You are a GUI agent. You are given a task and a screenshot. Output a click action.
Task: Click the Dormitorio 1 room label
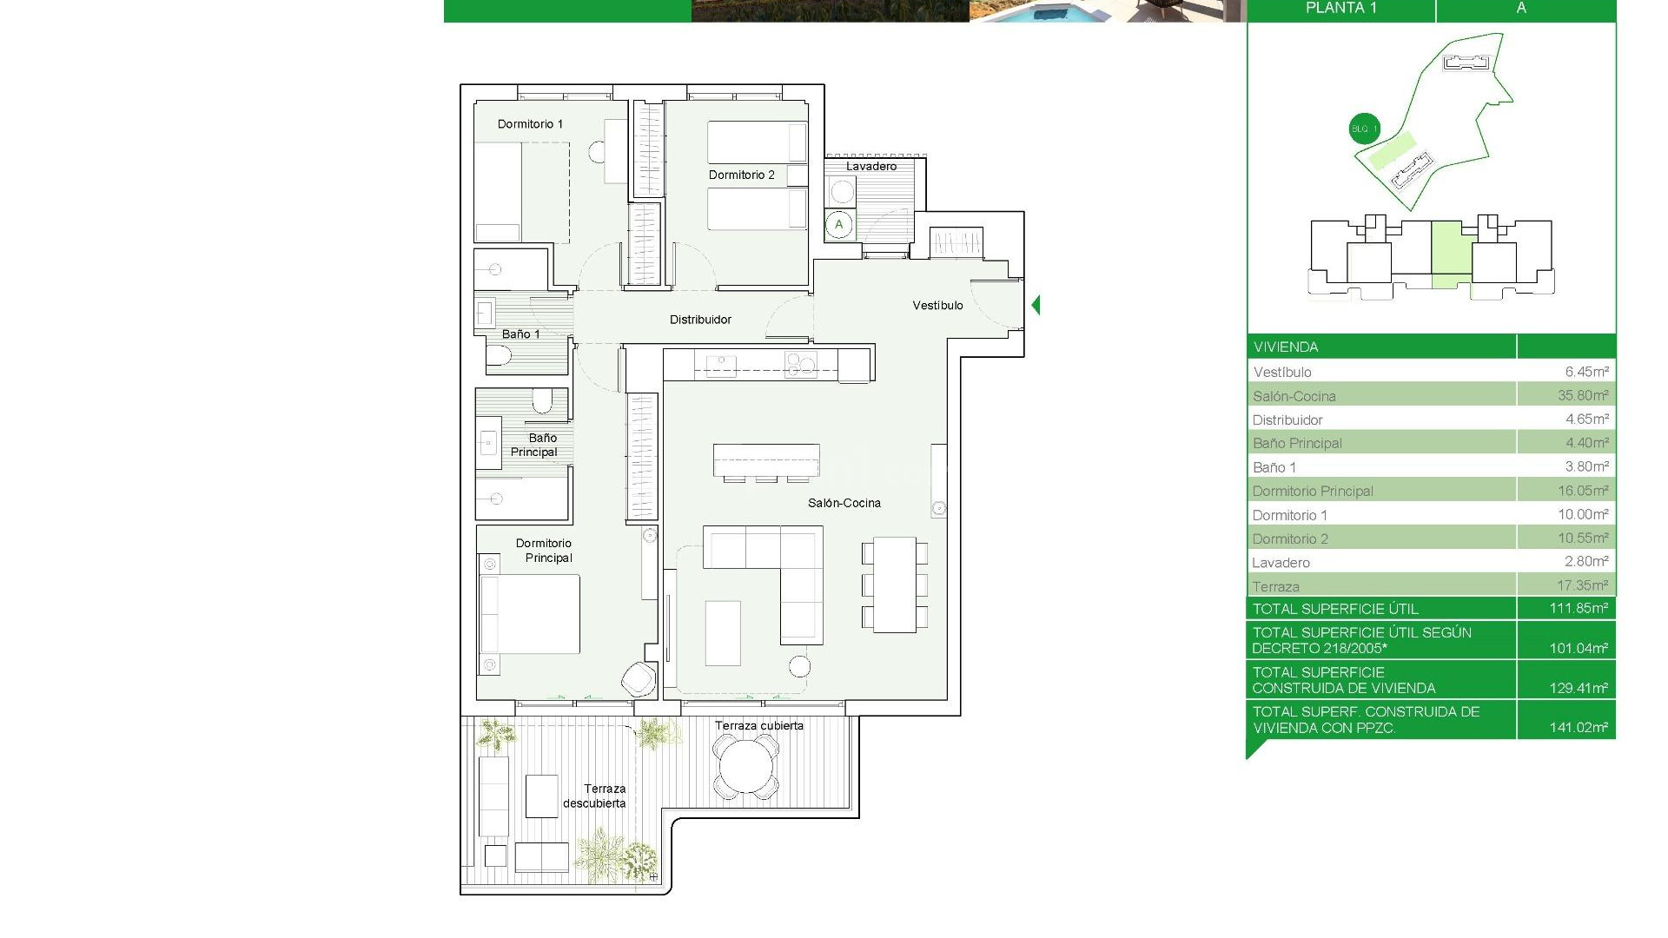tap(530, 124)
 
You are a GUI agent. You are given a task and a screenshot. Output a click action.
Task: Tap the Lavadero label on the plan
tap(870, 166)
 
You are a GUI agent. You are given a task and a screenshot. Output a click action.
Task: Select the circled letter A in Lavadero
tap(838, 225)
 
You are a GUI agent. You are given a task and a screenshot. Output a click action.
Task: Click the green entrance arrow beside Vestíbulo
tap(1036, 305)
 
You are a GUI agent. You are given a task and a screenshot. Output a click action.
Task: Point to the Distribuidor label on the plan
tap(700, 320)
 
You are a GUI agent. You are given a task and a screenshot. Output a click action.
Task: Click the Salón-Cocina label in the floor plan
tap(844, 503)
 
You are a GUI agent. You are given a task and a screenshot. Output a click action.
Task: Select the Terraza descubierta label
tap(596, 796)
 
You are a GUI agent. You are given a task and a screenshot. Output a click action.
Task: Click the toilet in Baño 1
tap(499, 355)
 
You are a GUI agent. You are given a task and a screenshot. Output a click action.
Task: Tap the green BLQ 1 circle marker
tap(1364, 129)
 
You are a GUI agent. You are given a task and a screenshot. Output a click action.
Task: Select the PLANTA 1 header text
tap(1340, 9)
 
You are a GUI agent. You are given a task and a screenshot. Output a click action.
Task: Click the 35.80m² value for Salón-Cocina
tap(1582, 395)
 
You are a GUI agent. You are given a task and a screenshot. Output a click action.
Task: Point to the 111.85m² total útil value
tap(1578, 608)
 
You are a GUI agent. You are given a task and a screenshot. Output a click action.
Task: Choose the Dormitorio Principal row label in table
tap(1312, 491)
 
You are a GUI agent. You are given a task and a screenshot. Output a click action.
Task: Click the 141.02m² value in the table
tap(1578, 727)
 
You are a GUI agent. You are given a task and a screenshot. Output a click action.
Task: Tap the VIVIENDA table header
tap(1286, 347)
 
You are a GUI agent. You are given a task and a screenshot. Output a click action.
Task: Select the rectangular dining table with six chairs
tap(894, 585)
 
